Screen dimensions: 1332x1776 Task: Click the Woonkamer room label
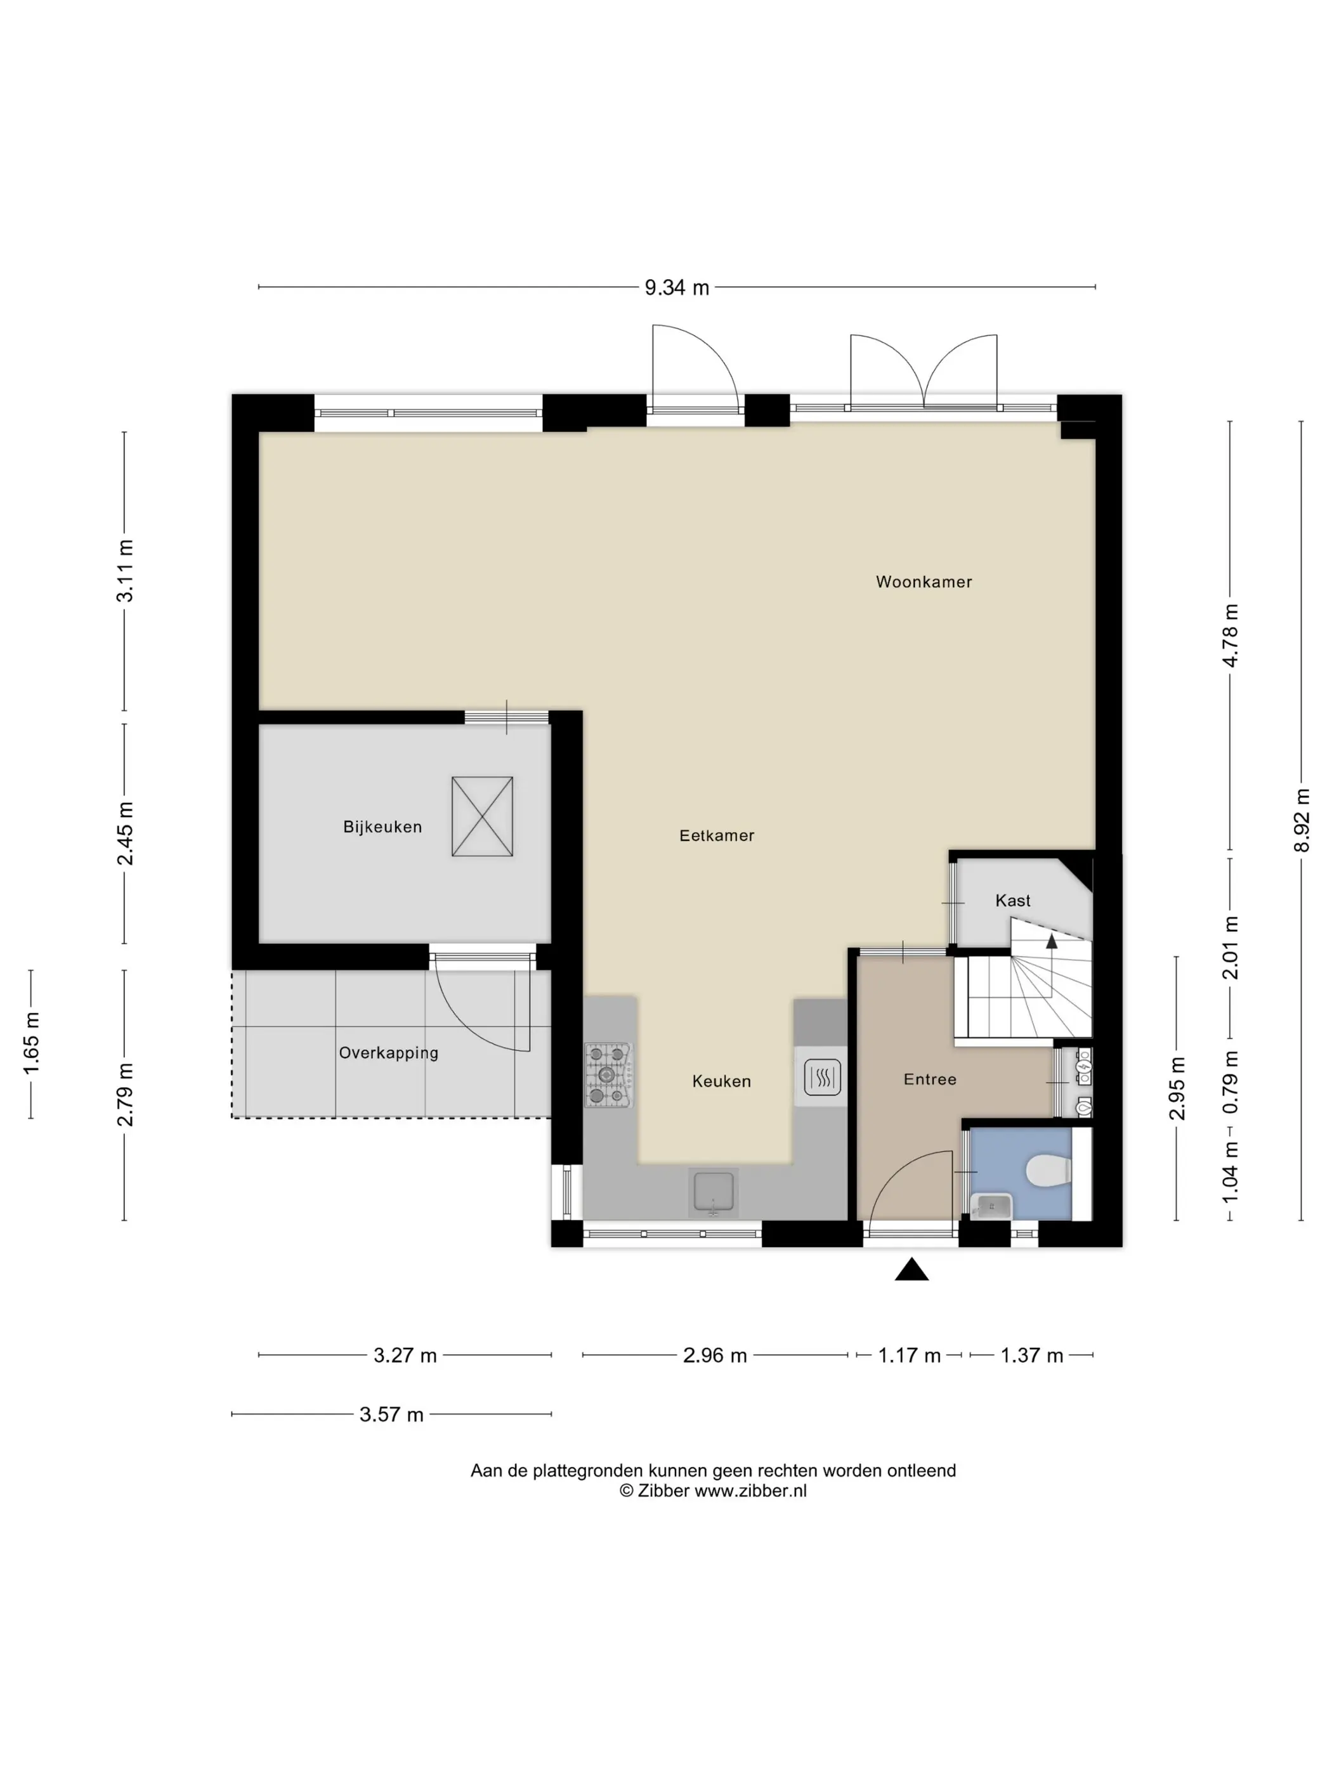924,582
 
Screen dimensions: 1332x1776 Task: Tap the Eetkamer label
717,836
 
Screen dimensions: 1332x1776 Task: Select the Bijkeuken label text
382,827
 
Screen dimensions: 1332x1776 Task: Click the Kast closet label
1012,901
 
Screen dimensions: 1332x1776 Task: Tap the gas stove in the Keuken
608,1075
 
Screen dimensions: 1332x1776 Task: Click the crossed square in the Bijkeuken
481,816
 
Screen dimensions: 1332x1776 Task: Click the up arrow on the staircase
1051,942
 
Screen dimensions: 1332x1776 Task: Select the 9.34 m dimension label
677,287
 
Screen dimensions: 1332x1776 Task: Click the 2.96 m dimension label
715,1356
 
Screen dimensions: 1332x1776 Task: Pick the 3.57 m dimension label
391,1414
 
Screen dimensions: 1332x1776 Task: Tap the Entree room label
930,1080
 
